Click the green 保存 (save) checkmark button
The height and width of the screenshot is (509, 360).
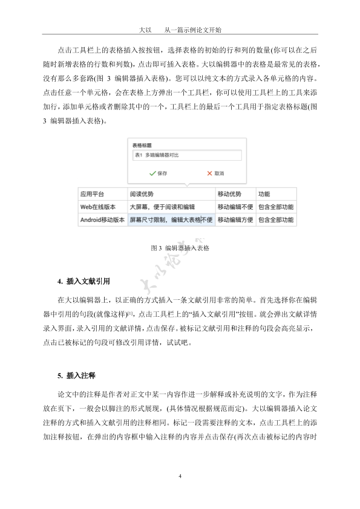coord(158,173)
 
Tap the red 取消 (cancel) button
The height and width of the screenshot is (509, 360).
coord(215,173)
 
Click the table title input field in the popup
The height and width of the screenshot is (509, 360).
coord(186,155)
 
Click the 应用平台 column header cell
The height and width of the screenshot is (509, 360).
coord(92,194)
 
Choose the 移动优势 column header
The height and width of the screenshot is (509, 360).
coord(229,194)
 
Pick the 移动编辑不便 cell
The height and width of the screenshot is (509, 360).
coord(235,207)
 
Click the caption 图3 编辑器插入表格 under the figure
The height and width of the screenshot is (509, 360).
coord(180,248)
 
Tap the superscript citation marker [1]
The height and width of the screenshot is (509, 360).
coord(130,311)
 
